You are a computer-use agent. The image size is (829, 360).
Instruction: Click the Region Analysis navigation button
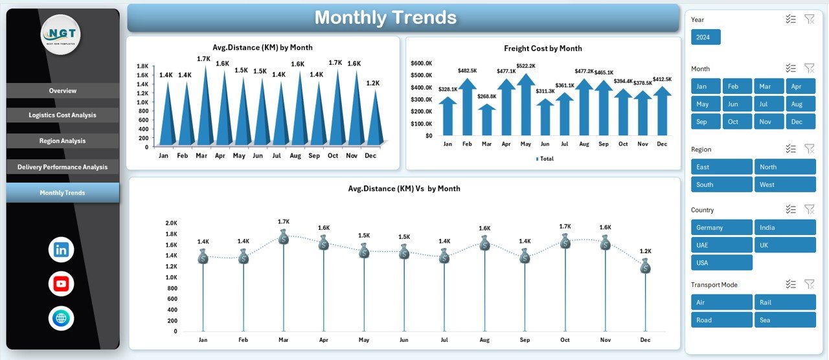pos(62,141)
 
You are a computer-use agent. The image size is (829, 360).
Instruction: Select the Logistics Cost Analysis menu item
pos(62,115)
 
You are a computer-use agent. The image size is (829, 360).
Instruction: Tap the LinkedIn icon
pos(62,250)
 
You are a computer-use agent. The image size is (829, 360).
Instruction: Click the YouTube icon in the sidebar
pos(62,284)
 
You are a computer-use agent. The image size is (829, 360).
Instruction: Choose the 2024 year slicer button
pos(705,38)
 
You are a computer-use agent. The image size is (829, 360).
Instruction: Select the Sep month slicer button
pos(705,122)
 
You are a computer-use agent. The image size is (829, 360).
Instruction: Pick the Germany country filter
pos(721,228)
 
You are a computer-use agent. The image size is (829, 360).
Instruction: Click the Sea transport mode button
pos(784,320)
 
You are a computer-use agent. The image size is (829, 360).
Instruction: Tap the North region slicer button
pos(784,167)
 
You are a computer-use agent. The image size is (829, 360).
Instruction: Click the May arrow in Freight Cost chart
pos(525,107)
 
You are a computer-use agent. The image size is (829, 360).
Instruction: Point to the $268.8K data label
pos(486,96)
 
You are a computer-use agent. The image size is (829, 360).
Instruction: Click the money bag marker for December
pos(645,265)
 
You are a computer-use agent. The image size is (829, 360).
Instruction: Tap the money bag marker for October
pos(565,242)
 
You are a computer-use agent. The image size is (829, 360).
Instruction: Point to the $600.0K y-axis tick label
pos(421,63)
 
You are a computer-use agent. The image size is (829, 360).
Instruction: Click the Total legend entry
pos(545,159)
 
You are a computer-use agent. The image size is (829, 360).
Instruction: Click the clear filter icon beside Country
pos(809,209)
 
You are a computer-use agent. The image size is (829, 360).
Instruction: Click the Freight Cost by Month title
pos(543,49)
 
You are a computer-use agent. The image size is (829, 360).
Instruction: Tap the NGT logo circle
pos(61,34)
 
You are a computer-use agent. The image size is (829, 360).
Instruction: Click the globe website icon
pos(62,318)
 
